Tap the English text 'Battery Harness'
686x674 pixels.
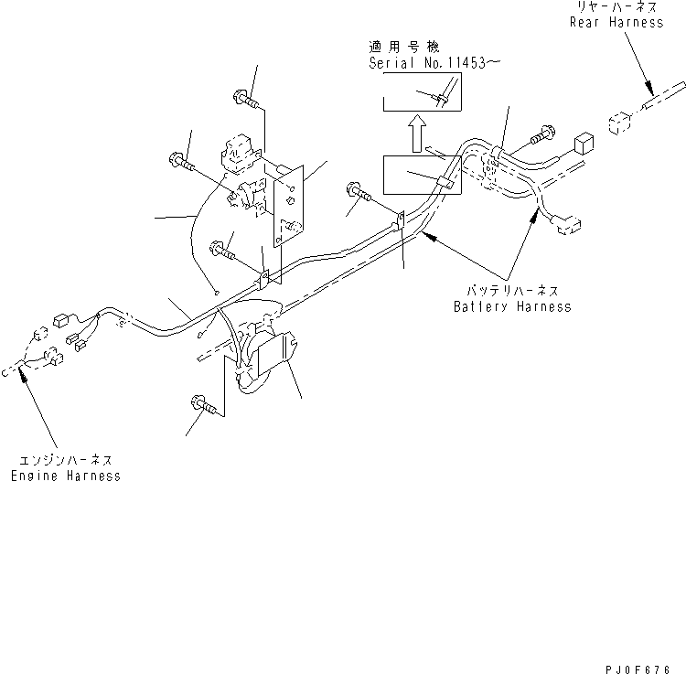click(512, 306)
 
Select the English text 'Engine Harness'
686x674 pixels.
click(65, 476)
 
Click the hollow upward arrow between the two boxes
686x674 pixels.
click(417, 133)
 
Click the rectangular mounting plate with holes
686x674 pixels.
click(289, 206)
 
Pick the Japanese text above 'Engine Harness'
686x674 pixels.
click(65, 460)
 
